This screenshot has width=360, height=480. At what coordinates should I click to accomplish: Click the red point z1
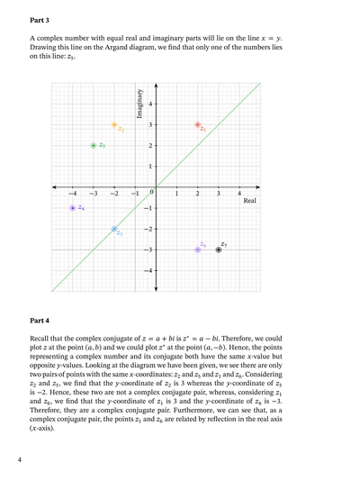(x=198, y=125)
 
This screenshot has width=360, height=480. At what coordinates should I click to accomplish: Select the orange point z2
(x=114, y=125)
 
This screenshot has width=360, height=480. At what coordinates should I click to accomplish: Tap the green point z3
(x=94, y=146)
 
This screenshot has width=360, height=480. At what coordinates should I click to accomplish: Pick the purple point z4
(x=73, y=208)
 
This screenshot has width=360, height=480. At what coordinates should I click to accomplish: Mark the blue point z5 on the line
(x=114, y=229)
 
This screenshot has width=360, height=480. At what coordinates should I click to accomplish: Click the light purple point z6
(x=198, y=249)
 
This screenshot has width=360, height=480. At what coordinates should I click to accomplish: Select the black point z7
(x=219, y=249)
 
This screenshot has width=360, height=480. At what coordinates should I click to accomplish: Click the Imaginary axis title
(x=140, y=105)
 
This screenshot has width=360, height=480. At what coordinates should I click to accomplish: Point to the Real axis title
(x=250, y=201)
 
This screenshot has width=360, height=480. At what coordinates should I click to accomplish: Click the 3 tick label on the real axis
(x=219, y=194)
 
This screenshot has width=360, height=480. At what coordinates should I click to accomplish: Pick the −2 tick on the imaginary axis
(x=148, y=229)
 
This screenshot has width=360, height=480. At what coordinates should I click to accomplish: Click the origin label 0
(x=151, y=193)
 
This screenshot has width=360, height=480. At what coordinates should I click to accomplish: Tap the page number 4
(x=19, y=459)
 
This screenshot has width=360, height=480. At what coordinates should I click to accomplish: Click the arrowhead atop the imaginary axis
(x=157, y=86)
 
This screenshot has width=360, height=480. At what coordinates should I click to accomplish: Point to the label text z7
(x=224, y=244)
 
